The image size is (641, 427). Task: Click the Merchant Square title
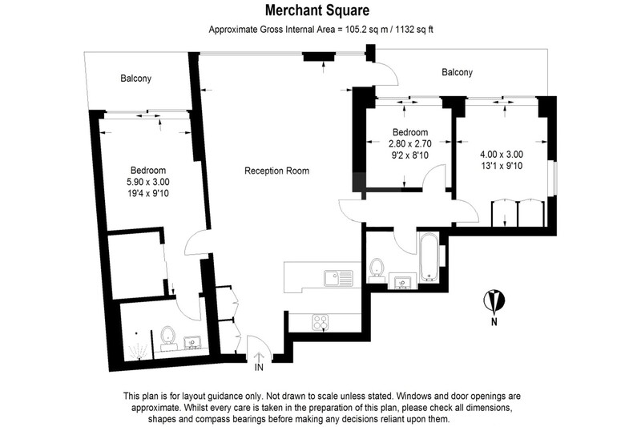317,10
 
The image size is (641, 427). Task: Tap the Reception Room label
276,171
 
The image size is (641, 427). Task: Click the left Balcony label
135,79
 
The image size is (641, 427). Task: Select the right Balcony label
457,72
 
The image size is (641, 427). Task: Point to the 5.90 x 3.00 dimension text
148,182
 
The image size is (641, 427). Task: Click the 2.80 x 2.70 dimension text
410,143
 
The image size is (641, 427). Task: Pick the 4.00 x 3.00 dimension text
502,155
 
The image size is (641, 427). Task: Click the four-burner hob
320,322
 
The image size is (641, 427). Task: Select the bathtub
429,257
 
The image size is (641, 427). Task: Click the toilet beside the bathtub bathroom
376,271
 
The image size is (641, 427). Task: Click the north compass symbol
494,300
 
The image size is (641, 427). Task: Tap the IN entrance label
259,368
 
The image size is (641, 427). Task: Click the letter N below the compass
494,321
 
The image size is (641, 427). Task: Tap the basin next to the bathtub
403,282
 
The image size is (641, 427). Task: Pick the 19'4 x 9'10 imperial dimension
148,193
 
